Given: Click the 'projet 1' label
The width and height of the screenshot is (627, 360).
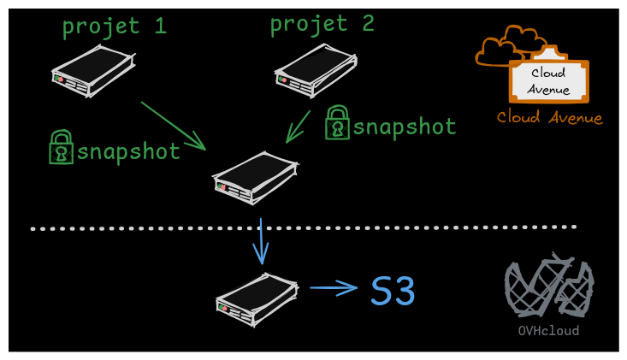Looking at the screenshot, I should (x=114, y=27).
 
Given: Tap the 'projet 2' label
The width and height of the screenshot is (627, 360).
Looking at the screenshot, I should (x=322, y=23).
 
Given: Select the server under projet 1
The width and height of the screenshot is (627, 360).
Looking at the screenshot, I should (x=92, y=70).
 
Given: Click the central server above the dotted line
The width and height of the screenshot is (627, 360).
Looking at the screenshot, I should (x=254, y=177).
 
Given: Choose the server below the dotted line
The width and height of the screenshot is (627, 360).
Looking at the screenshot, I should (x=257, y=298).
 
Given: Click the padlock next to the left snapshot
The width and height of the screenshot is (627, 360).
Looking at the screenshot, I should (x=61, y=148).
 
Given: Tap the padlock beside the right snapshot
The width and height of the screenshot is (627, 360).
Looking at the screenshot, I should (x=337, y=123).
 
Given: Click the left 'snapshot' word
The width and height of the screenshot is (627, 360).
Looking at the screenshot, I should (x=128, y=152).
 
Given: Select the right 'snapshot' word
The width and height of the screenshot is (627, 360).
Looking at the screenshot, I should (x=405, y=127).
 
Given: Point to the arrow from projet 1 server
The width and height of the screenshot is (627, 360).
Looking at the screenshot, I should (x=174, y=126).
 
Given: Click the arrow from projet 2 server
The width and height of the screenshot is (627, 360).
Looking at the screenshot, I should (x=299, y=125).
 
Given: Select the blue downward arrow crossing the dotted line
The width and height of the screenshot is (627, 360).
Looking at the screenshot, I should (x=260, y=241).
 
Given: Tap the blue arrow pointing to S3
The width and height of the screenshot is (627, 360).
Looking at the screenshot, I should (x=334, y=288).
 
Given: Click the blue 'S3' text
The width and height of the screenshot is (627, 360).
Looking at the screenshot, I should (x=393, y=292).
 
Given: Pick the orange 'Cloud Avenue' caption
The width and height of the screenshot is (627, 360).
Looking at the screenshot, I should (x=549, y=118).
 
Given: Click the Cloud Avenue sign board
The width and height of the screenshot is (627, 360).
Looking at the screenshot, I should (x=548, y=80).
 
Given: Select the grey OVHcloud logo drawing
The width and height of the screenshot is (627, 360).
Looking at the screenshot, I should (x=548, y=286).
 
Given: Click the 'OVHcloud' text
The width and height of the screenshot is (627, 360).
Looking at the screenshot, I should (x=548, y=331).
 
